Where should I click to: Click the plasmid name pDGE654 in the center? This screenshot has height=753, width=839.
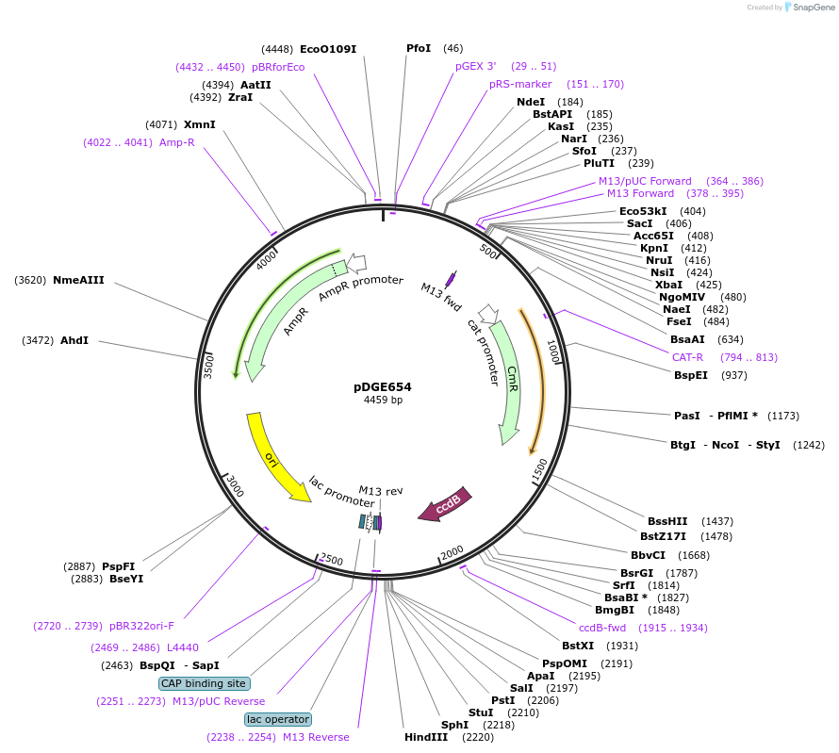[x=382, y=386]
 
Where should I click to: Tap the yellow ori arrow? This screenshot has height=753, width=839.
[x=274, y=457]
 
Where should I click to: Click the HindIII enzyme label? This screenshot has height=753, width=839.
[x=426, y=737]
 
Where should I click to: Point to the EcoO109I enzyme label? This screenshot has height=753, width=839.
[x=328, y=49]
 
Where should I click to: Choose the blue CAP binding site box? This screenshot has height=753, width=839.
[x=204, y=683]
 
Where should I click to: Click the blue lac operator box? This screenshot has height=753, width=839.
[x=278, y=719]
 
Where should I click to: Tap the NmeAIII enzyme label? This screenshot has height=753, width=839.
[x=78, y=280]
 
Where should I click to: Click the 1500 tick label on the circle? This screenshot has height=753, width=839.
[x=540, y=469]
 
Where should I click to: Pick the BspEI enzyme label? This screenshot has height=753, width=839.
[x=691, y=375]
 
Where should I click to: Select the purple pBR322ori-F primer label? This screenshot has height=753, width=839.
[x=141, y=626]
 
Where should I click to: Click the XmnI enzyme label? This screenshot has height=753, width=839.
[x=199, y=124]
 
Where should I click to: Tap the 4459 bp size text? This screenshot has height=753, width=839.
[x=383, y=401]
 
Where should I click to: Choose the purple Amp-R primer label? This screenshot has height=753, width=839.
[x=176, y=143]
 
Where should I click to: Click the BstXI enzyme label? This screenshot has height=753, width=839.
[x=578, y=646]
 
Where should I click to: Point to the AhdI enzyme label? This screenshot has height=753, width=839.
[x=74, y=340]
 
